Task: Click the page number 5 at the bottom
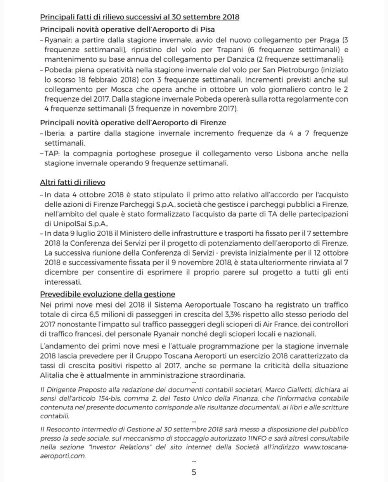194,472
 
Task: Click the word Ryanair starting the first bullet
57,40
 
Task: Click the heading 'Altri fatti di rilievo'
73,182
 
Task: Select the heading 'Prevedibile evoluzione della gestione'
107,294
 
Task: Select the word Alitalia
54,375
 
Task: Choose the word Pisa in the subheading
207,29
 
